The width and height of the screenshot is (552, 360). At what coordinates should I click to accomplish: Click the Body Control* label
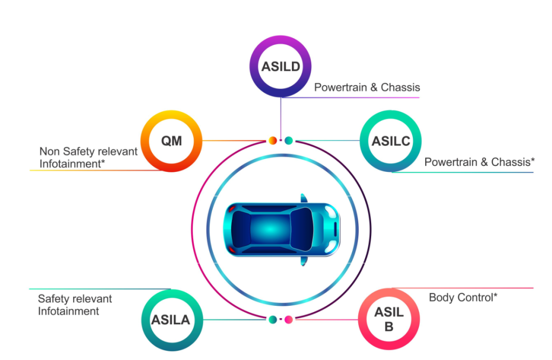tap(463, 298)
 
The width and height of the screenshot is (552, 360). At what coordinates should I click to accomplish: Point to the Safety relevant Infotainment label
tap(75, 305)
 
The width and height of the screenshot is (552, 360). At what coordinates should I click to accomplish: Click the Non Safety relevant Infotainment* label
tap(88, 157)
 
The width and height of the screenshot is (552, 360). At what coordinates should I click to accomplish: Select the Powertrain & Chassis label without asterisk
tap(367, 87)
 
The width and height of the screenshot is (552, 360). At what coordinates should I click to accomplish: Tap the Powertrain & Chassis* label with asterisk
tap(479, 162)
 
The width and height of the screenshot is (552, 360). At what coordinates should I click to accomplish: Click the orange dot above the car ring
tap(272, 141)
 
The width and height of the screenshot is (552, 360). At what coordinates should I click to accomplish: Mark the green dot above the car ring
tap(289, 141)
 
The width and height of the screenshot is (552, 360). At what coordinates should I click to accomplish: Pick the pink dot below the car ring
tap(289, 320)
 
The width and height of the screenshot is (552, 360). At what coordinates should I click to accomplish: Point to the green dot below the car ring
tap(272, 320)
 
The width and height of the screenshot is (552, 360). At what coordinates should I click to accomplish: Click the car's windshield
tap(302, 229)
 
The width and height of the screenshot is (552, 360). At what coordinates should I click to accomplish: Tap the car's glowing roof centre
tap(270, 229)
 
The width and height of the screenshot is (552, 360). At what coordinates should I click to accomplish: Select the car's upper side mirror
tap(304, 198)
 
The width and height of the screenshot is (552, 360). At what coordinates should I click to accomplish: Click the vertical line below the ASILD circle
tap(281, 118)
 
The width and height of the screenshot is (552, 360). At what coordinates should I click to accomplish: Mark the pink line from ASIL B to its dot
tap(326, 320)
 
